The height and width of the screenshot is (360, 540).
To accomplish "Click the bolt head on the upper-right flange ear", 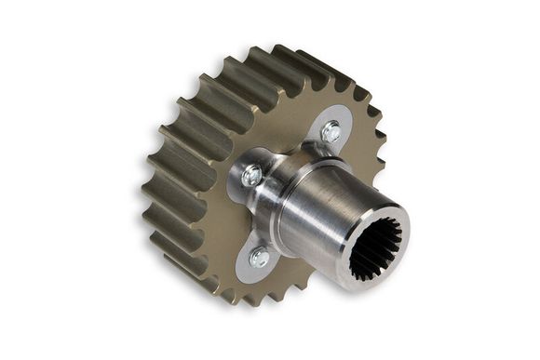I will pos(331,132).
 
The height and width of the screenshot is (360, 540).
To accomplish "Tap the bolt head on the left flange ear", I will pos(251,175).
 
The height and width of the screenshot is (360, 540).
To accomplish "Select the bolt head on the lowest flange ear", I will pos(259,258).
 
